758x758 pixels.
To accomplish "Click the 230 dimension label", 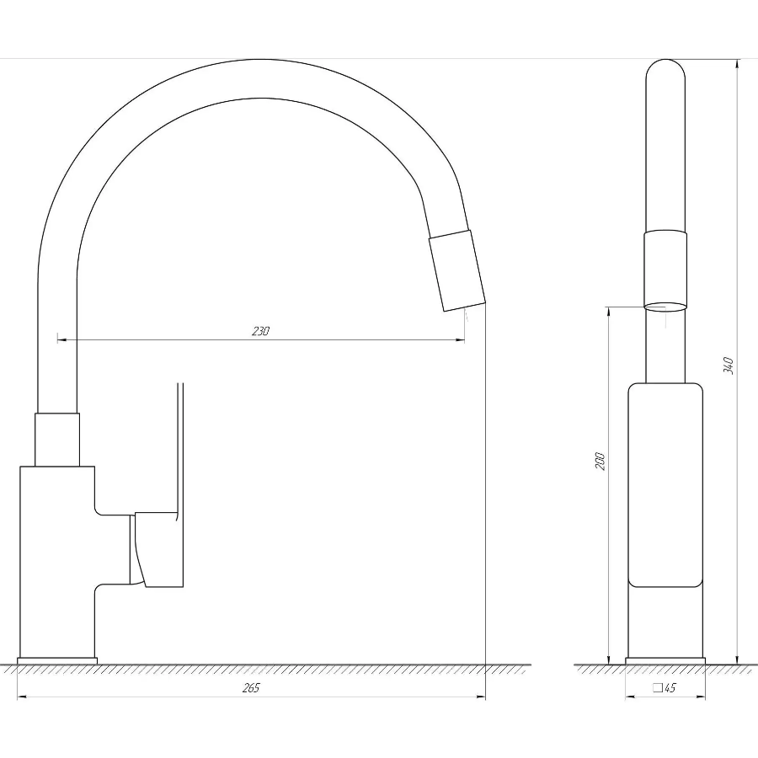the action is [x=260, y=331].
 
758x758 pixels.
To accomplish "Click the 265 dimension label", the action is [x=251, y=688].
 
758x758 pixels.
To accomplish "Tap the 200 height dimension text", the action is [x=600, y=462].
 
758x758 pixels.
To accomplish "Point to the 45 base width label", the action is [x=670, y=687].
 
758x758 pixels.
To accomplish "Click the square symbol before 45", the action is [x=658, y=687].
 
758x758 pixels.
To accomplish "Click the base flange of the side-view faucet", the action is [x=57, y=661].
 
